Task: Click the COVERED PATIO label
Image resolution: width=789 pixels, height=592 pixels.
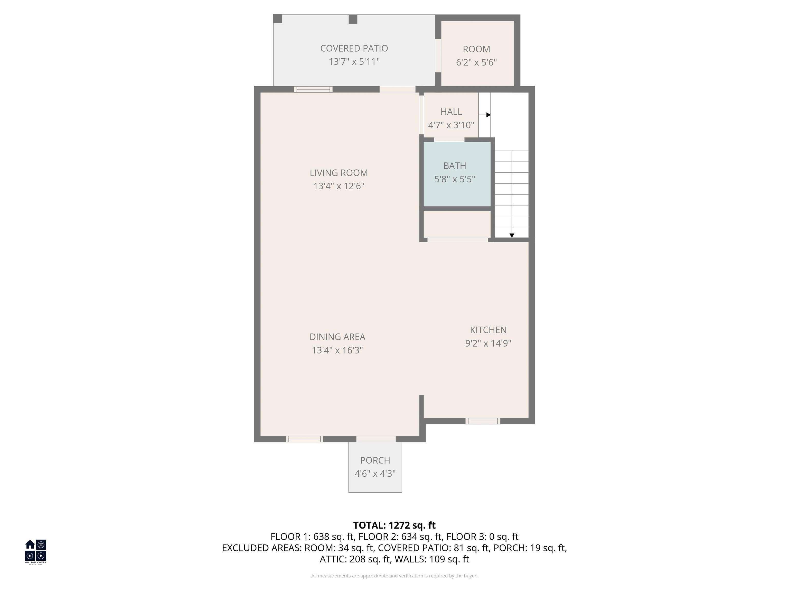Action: point(354,48)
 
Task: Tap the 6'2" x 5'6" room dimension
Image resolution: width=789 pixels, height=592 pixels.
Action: point(476,62)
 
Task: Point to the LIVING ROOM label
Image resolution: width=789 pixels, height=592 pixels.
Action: point(339,173)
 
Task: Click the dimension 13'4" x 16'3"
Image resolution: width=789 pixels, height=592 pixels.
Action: point(337,350)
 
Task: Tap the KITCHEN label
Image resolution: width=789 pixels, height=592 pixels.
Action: point(488,330)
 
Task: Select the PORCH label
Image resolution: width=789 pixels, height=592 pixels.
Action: point(375,460)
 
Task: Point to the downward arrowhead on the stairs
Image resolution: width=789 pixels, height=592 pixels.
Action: point(512,235)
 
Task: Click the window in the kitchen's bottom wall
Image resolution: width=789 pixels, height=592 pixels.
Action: point(483,421)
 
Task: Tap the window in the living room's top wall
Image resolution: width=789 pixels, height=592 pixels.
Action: point(313,89)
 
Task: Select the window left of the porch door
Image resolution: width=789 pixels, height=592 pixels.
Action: point(304,439)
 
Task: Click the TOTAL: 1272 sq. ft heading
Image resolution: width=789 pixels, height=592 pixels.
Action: point(394,525)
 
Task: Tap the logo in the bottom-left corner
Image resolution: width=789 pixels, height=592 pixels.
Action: point(35,551)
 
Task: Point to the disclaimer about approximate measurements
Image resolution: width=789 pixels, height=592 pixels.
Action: point(394,576)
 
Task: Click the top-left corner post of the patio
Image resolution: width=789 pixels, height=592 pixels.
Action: point(277,18)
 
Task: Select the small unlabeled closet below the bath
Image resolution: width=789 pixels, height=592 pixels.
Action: point(457,224)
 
